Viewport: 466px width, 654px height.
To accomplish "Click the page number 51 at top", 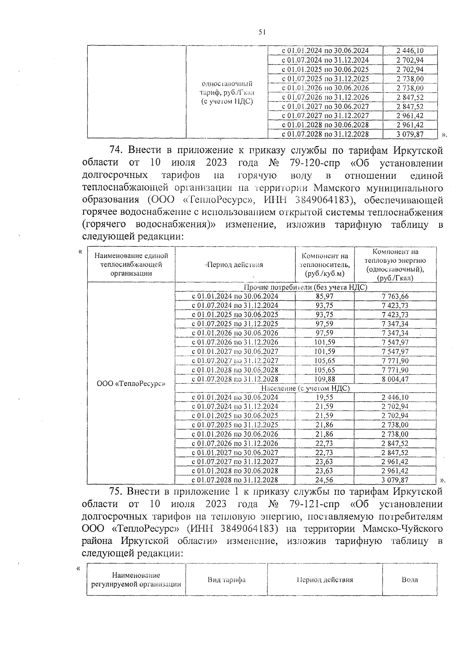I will point(262,33).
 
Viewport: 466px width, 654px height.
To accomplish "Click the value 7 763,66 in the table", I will point(395,296).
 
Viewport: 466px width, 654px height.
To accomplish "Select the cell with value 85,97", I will point(324,296).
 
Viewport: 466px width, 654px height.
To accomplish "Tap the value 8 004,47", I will point(395,379).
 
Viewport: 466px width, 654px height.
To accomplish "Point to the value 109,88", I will point(324,379).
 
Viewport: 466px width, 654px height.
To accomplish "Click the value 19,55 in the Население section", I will point(324,397).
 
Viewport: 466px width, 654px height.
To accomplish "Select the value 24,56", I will point(324,480).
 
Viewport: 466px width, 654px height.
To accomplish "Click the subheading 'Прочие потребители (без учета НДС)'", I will point(305,287).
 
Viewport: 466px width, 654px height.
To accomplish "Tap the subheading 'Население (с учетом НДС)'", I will point(305,388).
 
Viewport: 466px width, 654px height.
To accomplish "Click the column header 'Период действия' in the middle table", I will point(235,265).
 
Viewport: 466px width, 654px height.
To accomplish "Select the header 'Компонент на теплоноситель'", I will point(325,265).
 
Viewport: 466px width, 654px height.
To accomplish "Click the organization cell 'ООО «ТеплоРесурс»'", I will point(131,384).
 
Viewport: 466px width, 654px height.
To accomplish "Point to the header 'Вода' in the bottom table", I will point(410,579).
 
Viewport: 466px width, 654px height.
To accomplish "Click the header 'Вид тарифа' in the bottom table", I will point(226,579).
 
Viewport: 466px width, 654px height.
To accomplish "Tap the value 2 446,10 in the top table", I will point(410,51).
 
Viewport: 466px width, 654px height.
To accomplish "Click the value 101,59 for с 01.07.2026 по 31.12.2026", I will point(324,342).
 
